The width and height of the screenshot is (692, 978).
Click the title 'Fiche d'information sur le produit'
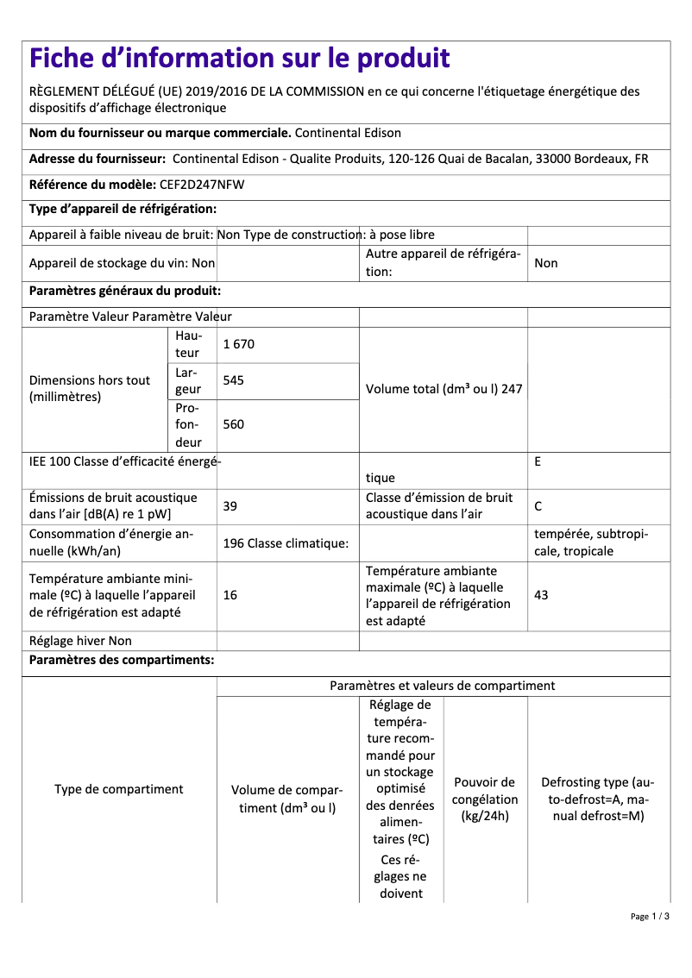pyautogui.click(x=240, y=59)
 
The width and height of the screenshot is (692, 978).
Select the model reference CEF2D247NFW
pyautogui.click(x=202, y=184)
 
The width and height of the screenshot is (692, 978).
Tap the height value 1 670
pyautogui.click(x=239, y=344)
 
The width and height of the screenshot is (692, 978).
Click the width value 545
pyautogui.click(x=234, y=380)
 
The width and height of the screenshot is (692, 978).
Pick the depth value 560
pyautogui.click(x=234, y=423)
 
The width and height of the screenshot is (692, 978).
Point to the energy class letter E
pyautogui.click(x=538, y=461)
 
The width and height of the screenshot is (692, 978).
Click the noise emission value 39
pyautogui.click(x=230, y=506)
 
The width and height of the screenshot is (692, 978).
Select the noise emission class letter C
pyautogui.click(x=538, y=506)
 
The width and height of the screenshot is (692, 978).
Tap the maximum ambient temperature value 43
pyautogui.click(x=541, y=595)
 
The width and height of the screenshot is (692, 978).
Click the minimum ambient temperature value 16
pyautogui.click(x=230, y=595)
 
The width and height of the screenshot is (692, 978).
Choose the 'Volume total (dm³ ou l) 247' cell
pyautogui.click(x=444, y=389)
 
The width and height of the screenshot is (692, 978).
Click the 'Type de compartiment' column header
pyautogui.click(x=119, y=789)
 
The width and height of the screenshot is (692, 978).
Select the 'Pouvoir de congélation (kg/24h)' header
pyautogui.click(x=485, y=799)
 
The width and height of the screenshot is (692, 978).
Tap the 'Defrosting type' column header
pyautogui.click(x=598, y=799)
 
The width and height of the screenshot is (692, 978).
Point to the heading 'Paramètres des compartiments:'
pyautogui.click(x=122, y=661)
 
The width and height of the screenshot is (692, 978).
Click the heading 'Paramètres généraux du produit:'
pyautogui.click(x=125, y=292)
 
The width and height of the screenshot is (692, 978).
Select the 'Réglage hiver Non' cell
pyautogui.click(x=80, y=641)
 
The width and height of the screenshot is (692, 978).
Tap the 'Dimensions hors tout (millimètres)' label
pyautogui.click(x=90, y=389)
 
